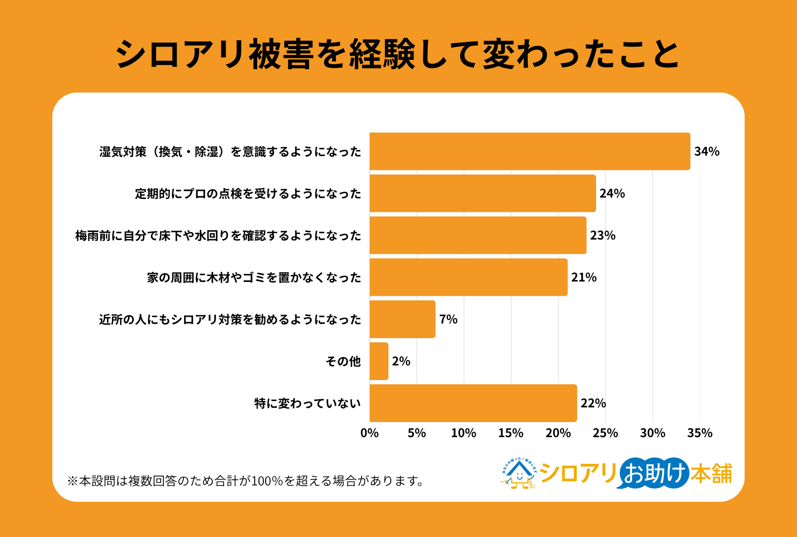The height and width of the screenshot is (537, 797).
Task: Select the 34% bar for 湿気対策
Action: coord(530,151)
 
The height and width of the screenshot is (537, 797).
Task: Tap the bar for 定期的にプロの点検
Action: coord(483,193)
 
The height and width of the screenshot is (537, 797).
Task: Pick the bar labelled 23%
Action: coord(478,235)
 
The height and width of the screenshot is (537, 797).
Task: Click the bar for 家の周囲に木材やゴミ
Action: coord(469,277)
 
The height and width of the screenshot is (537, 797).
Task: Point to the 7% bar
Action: coord(402,319)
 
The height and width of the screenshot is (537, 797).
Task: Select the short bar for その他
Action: coord(379,361)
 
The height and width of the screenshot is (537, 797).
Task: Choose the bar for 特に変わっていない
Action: coord(473,403)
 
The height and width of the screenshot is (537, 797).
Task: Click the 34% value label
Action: coord(707,151)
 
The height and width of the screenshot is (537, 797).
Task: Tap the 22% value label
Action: coord(593,403)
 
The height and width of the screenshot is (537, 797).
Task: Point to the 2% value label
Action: coord(401,361)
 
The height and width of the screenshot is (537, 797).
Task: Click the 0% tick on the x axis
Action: coord(370,433)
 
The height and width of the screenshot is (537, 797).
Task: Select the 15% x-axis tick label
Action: coord(511,433)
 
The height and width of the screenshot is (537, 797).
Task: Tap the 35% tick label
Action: coord(700,433)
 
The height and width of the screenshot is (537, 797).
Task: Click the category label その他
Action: coord(343,361)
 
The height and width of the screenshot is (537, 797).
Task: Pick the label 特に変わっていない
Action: coord(307,403)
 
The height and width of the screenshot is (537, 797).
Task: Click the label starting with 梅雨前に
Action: coord(218,235)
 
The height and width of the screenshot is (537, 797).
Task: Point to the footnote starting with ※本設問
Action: coord(246,481)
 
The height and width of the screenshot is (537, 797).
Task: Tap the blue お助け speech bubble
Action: coord(654,473)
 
